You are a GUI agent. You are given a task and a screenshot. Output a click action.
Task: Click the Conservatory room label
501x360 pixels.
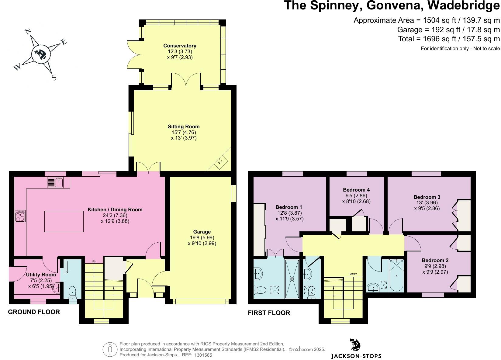tap(180, 46)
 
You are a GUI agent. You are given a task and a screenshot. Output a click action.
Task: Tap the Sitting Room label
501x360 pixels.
tap(184, 126)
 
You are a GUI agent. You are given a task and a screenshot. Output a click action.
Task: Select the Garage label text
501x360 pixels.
tap(202, 232)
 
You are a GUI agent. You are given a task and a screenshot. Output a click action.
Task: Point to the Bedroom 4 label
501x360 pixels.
tap(356, 190)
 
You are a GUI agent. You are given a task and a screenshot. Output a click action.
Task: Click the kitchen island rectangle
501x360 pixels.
tap(64, 222)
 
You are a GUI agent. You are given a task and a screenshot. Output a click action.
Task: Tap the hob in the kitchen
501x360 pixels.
tap(20, 216)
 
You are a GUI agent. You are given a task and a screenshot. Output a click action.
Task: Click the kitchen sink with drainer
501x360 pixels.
tap(55, 182)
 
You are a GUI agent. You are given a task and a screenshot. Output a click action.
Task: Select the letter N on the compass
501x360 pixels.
tap(28, 32)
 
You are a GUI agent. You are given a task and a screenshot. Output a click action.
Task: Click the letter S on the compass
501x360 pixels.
tap(54, 78)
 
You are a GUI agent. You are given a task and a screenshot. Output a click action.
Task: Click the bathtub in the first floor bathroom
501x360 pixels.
tap(396, 275)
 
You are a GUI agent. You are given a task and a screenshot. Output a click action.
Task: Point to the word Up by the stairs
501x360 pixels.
tap(94, 261)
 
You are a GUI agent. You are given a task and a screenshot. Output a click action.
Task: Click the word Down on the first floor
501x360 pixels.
tap(353, 274)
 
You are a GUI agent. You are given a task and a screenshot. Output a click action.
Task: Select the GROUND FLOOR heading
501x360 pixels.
tap(34, 312)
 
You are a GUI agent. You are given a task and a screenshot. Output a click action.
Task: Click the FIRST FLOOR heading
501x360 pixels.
tap(269, 313)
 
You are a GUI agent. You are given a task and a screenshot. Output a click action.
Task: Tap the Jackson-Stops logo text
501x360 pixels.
tap(356, 356)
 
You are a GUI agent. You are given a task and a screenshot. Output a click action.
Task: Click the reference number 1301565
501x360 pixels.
tap(203, 355)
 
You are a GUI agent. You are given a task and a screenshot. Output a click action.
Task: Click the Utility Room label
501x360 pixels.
tap(41, 275)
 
